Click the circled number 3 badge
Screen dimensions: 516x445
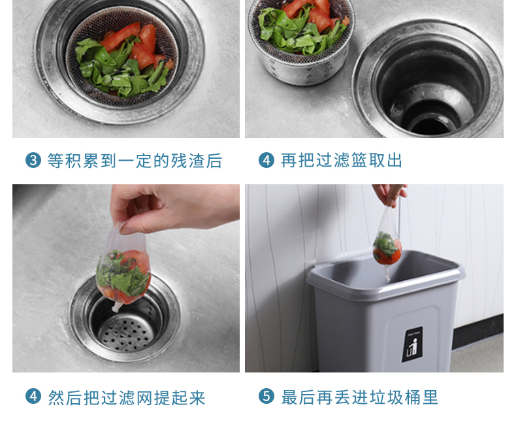(33, 160)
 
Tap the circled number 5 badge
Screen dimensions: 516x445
(266, 396)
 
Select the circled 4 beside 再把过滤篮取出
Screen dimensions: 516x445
(266, 160)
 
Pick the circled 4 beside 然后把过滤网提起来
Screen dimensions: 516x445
(33, 396)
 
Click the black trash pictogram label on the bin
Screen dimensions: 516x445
(412, 344)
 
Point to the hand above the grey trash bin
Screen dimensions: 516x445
(390, 195)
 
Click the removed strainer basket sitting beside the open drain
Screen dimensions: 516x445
(301, 41)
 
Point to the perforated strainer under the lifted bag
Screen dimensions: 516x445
(127, 329)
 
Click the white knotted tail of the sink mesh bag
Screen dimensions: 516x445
(116, 307)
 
